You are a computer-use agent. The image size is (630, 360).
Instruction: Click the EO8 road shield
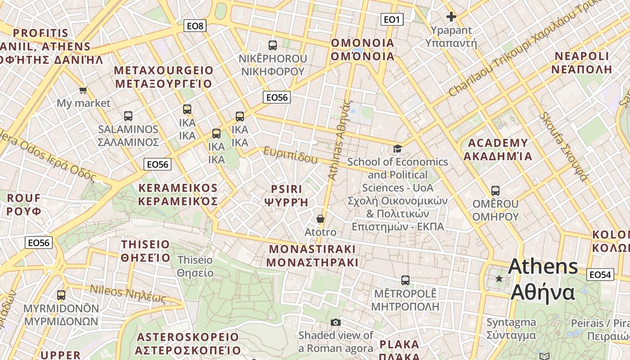tap(195, 26)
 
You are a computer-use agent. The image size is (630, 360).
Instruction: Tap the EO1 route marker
tap(391, 19)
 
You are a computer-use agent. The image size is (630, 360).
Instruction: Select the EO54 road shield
tap(600, 274)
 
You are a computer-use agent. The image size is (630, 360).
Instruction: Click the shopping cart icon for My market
tap(83, 90)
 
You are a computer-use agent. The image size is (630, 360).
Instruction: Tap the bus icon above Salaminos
tap(128, 116)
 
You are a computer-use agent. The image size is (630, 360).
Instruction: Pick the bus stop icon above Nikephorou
tap(273, 45)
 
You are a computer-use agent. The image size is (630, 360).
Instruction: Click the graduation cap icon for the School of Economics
tap(397, 148)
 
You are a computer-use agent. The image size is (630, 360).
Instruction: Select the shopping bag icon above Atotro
tap(320, 219)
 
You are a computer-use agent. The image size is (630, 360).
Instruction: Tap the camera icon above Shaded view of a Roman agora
tap(335, 322)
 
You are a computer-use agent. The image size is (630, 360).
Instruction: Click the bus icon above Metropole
tap(405, 280)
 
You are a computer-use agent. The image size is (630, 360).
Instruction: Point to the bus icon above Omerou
tap(495, 191)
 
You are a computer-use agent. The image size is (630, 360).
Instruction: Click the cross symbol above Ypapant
tap(451, 17)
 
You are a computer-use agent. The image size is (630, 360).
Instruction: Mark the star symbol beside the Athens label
tap(499, 279)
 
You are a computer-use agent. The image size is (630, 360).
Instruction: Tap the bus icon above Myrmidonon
tap(61, 295)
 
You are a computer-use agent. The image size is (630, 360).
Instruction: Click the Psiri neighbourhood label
tap(287, 195)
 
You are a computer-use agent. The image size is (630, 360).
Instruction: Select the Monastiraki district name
tap(312, 256)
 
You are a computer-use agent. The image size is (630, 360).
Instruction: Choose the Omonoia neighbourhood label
tap(362, 49)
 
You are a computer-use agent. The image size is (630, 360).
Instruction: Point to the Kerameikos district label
tap(178, 194)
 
